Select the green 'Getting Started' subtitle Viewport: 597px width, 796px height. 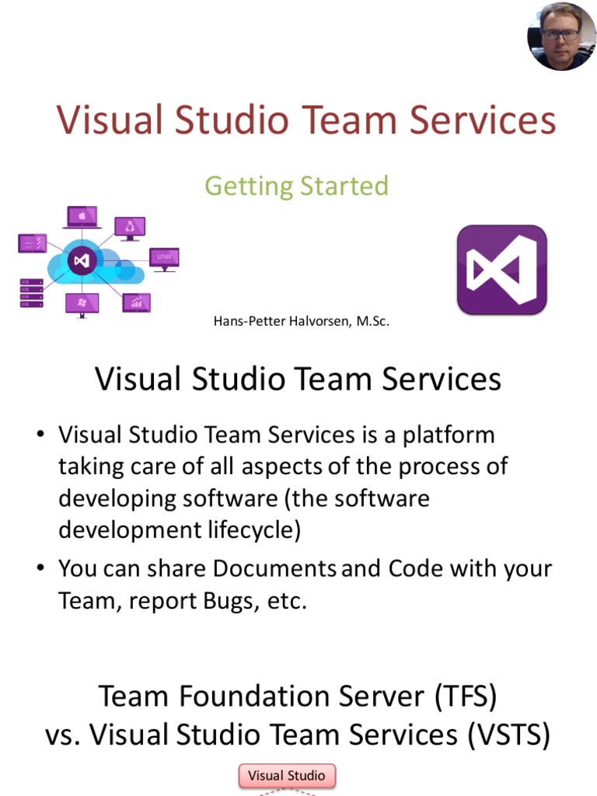click(x=296, y=187)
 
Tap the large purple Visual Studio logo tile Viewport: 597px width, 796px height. click(x=501, y=270)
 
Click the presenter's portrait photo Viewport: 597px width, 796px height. click(x=561, y=37)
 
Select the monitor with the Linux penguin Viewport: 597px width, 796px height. click(x=130, y=228)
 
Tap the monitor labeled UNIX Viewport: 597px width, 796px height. click(x=164, y=258)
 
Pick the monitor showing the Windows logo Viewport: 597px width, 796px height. click(x=82, y=304)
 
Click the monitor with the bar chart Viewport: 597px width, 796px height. click(x=137, y=302)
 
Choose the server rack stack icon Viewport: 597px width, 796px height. click(x=30, y=293)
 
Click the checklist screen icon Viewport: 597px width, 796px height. click(x=32, y=243)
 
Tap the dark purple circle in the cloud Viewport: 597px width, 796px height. click(x=82, y=261)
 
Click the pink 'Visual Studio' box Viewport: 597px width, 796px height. click(x=286, y=776)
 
